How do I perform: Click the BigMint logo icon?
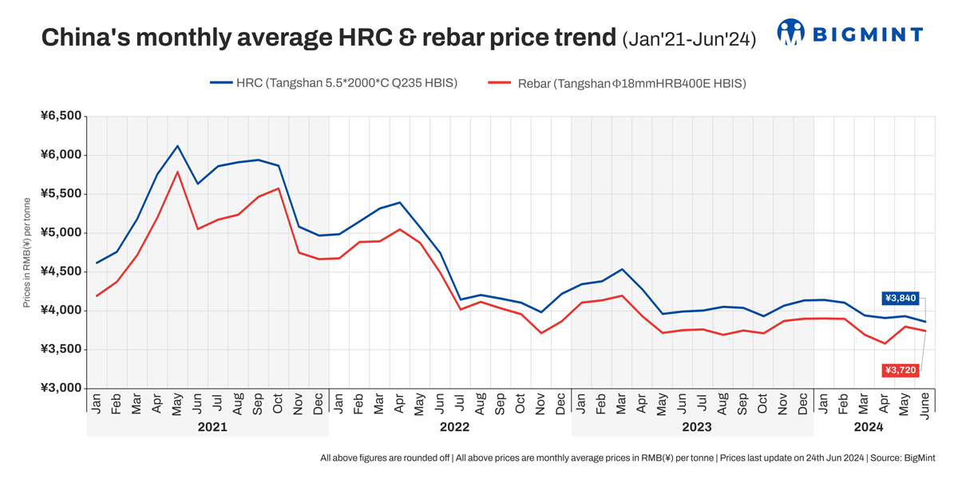[x=791, y=33]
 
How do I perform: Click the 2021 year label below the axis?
[x=212, y=427]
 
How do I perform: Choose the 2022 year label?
[x=454, y=427]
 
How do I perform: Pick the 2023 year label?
[x=696, y=427]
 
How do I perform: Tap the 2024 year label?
[x=869, y=427]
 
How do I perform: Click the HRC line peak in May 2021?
[x=177, y=146]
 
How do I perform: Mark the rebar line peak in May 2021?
[x=177, y=172]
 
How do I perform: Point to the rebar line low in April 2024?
[x=885, y=343]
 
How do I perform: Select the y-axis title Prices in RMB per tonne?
[x=27, y=252]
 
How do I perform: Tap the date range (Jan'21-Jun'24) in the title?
[x=688, y=38]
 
